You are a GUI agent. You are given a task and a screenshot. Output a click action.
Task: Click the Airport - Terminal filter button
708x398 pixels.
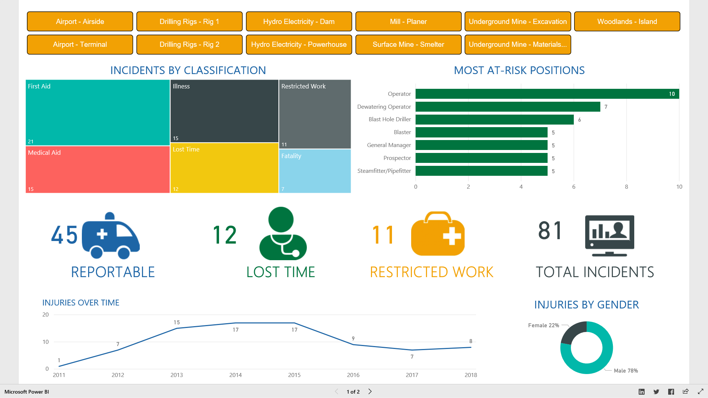point(80,45)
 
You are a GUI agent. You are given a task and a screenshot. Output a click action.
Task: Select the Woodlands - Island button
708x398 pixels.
point(627,21)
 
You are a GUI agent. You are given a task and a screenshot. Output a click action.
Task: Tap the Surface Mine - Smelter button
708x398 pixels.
point(408,45)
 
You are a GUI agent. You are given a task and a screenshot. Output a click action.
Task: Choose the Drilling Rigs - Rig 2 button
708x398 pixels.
point(189,45)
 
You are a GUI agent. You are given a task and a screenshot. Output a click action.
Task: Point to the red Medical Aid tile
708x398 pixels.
point(97,170)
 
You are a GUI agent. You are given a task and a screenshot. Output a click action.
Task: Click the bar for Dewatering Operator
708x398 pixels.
point(507,107)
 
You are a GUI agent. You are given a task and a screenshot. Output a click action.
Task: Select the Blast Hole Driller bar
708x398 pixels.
point(494,119)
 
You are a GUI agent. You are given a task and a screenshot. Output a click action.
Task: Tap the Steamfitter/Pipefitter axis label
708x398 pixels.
point(384,171)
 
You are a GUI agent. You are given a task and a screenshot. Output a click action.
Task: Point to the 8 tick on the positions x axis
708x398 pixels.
point(626,187)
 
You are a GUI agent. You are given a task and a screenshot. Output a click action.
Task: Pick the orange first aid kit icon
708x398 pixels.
point(438,234)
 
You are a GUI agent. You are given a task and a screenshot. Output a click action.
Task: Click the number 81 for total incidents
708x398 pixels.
point(550,231)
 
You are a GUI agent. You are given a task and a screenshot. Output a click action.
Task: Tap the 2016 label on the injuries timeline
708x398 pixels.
point(353,375)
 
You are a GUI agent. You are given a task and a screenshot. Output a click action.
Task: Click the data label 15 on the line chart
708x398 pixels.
point(177,322)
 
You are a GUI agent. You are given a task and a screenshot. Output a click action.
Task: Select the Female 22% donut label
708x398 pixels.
point(543,325)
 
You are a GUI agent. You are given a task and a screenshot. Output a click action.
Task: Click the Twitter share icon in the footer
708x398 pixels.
point(656,392)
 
